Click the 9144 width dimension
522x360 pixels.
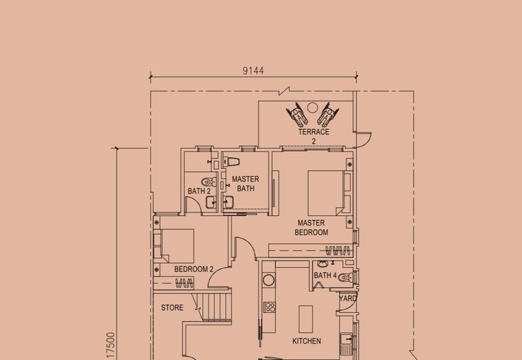253,71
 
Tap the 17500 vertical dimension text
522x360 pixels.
111,346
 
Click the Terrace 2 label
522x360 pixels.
314,136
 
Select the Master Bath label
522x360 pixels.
246,184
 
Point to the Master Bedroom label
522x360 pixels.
311,228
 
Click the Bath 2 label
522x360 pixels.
199,191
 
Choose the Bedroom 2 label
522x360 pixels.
194,269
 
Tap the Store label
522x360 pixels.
172,308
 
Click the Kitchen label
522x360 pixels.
307,341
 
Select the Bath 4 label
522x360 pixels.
325,275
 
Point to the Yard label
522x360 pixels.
348,299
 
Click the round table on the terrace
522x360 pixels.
313,108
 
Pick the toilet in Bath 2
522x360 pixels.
209,182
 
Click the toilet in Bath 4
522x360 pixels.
346,277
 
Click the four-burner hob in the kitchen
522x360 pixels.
269,307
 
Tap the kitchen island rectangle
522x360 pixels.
305,319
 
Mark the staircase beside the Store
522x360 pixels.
214,307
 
